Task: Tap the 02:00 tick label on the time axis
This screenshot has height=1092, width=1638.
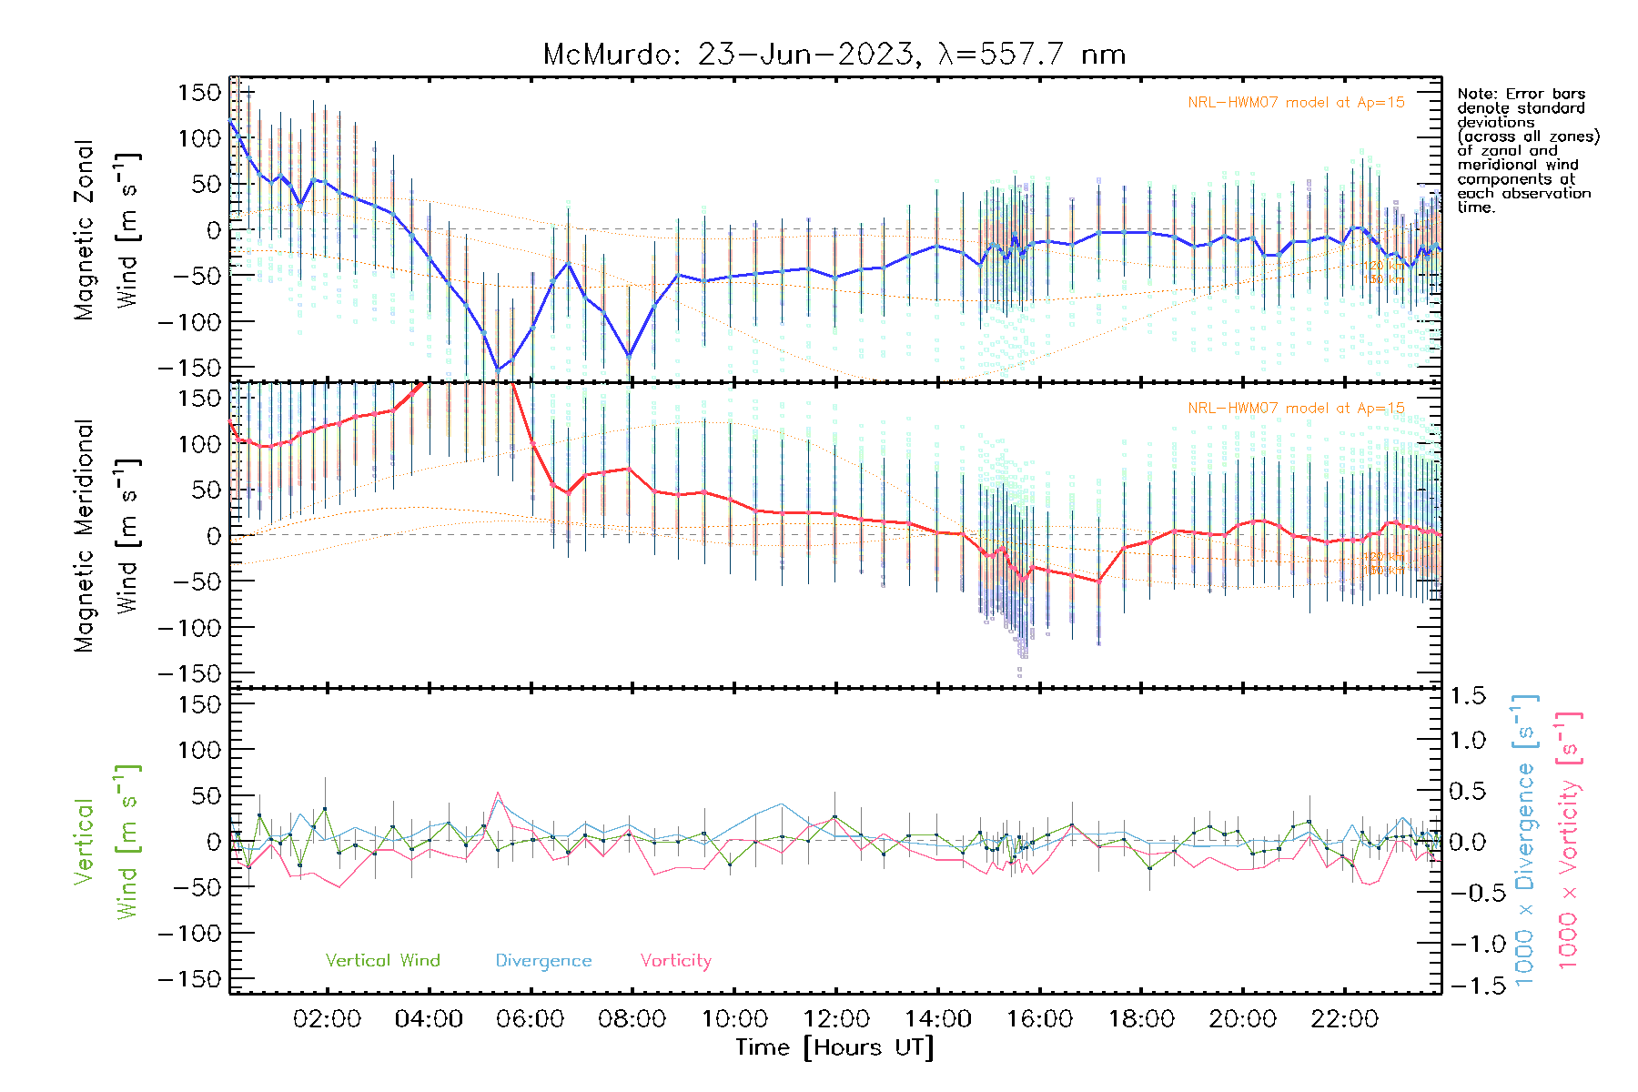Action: (x=327, y=1019)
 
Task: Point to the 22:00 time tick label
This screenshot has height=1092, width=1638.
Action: (x=1344, y=1019)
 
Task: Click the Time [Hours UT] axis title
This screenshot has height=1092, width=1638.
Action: (x=834, y=1047)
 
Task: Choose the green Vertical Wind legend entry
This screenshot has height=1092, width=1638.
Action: (x=382, y=961)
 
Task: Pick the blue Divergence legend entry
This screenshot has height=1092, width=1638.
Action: (x=543, y=961)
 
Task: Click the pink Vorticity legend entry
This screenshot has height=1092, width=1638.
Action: (x=675, y=961)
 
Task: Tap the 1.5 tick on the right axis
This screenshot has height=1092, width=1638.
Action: (x=1468, y=696)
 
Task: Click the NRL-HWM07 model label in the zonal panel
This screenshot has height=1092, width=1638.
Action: (x=1296, y=103)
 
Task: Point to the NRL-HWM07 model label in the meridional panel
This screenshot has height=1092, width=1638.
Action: (x=1296, y=409)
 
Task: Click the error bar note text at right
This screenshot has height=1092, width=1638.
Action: (x=1527, y=150)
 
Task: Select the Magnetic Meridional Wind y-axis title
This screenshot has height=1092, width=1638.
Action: (x=107, y=535)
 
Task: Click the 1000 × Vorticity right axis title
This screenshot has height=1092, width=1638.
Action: (x=1568, y=839)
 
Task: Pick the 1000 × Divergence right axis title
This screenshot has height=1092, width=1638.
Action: (x=1525, y=839)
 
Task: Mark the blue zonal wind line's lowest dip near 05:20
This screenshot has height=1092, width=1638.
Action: (x=498, y=369)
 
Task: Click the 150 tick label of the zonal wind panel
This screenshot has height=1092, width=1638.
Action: (x=200, y=93)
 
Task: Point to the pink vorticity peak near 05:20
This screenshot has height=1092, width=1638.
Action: (x=498, y=793)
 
